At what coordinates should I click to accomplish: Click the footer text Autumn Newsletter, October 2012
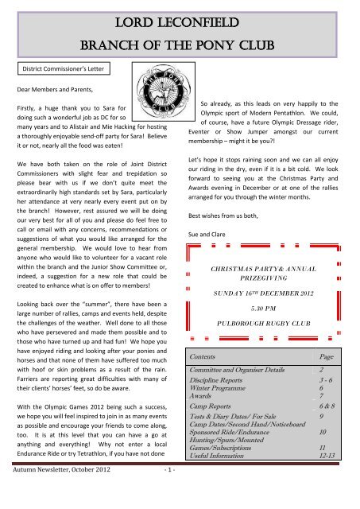click(x=60, y=494)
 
